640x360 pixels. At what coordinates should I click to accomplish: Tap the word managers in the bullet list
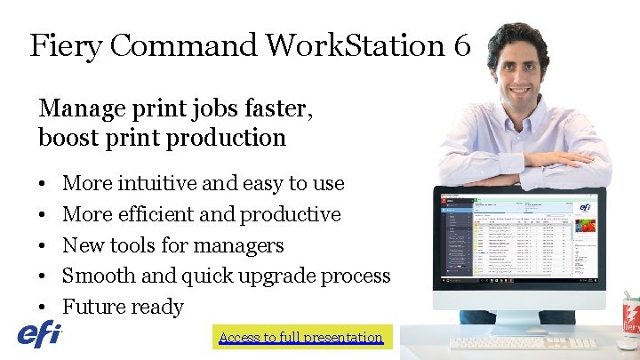click(x=244, y=245)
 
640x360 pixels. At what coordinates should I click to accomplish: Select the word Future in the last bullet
click(x=92, y=307)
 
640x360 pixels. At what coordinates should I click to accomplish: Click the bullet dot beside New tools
click(x=43, y=246)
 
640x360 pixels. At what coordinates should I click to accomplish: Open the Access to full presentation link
click(x=300, y=337)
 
